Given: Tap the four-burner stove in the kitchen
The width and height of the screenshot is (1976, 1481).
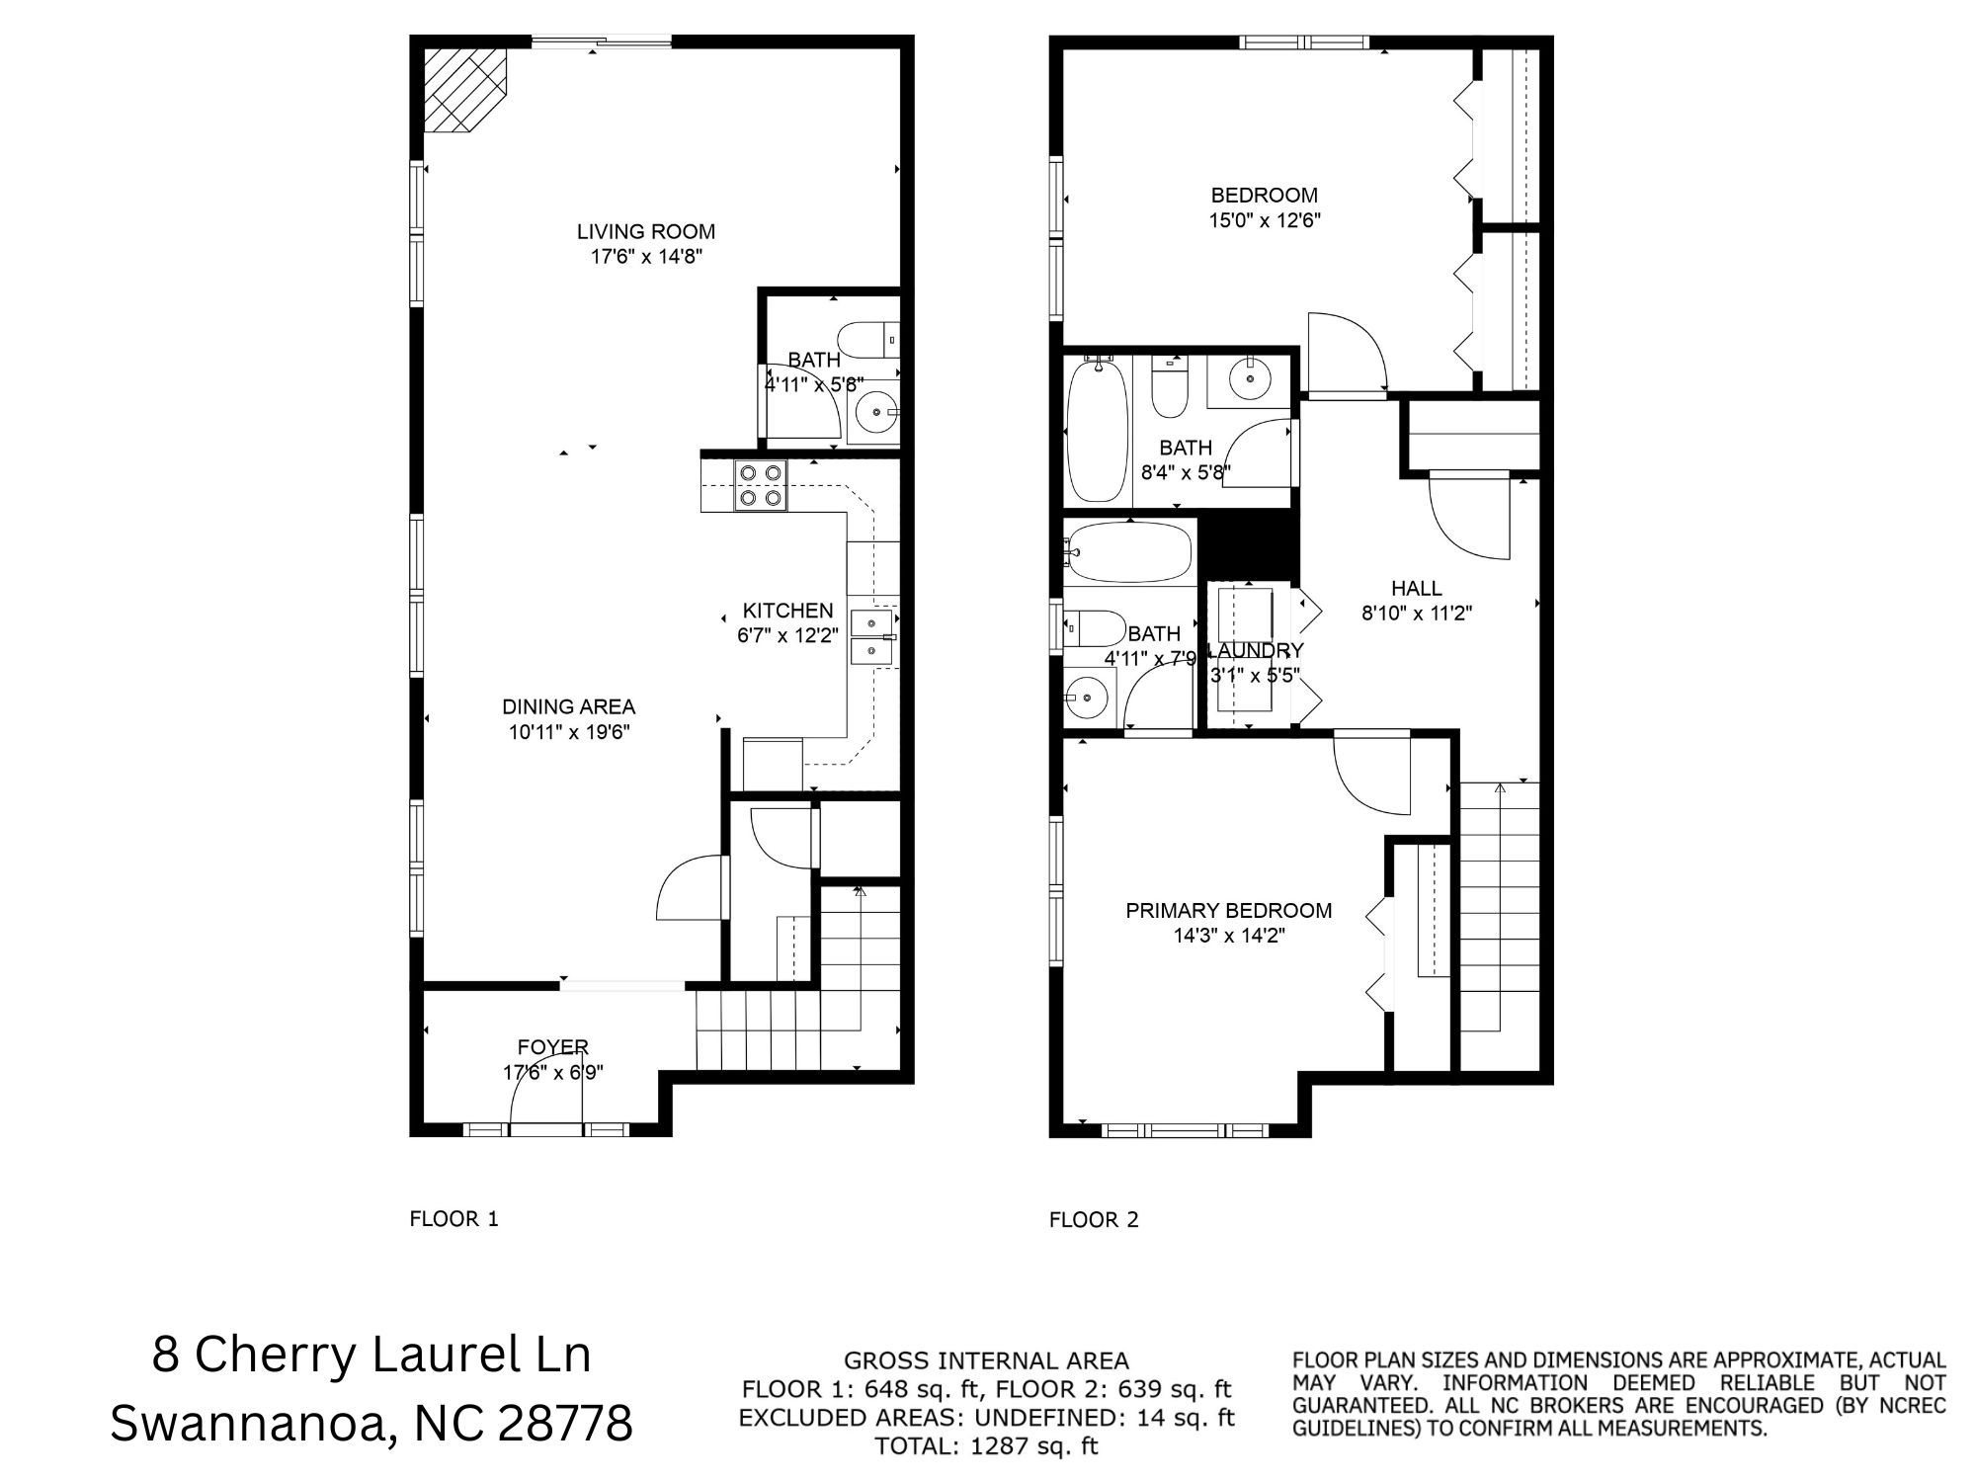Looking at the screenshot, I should [x=760, y=486].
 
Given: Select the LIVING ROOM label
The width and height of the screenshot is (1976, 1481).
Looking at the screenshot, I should [x=646, y=231].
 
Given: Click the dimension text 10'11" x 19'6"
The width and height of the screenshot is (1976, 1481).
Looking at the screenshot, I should [x=569, y=732].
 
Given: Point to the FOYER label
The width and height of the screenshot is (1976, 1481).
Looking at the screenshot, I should [x=552, y=1046].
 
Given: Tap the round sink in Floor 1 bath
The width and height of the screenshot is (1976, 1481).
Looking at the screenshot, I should [x=874, y=413].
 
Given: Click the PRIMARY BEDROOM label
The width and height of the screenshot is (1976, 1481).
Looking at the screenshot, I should [x=1228, y=910].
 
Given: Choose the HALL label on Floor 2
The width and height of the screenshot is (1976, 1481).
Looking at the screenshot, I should [x=1416, y=588].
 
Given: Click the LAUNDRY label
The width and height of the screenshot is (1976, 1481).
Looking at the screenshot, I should [x=1256, y=650].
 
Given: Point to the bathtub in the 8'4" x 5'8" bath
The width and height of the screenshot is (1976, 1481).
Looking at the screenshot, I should [x=1098, y=431].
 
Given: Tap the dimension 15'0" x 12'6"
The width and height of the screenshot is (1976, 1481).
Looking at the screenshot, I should [x=1265, y=220].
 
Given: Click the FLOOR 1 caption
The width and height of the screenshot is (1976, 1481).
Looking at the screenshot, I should [x=453, y=1218].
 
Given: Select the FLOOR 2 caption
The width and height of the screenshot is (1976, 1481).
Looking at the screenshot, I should [x=1094, y=1219].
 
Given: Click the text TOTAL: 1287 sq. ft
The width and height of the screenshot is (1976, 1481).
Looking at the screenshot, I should [x=986, y=1446].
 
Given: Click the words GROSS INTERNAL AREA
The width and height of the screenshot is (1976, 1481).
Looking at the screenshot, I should [x=986, y=1361].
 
